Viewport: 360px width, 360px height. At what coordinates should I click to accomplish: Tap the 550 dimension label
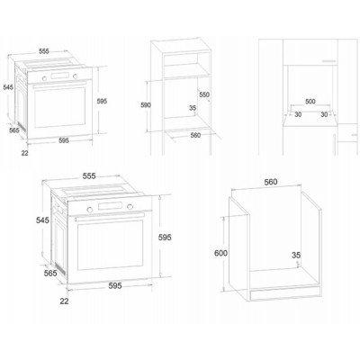click(204, 94)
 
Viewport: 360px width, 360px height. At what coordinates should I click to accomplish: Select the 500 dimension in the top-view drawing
click(310, 102)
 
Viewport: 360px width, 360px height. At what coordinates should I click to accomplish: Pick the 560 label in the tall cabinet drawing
click(196, 137)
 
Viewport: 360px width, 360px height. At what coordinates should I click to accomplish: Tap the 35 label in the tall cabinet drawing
click(192, 109)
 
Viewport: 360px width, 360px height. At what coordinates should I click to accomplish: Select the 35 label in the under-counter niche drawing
click(296, 256)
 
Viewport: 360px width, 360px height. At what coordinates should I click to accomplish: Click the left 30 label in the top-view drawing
click(298, 114)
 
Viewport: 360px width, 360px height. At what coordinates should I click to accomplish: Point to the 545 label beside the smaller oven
click(8, 86)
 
